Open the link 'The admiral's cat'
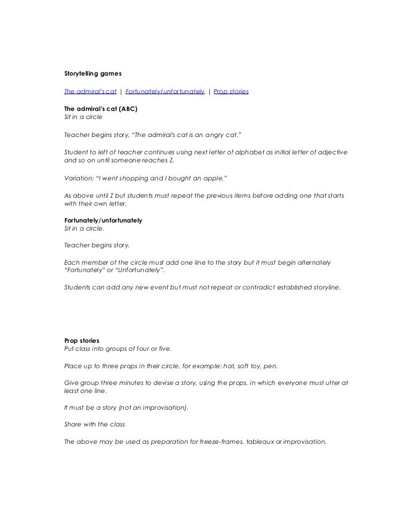[x=90, y=91]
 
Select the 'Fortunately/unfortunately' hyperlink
[x=165, y=91]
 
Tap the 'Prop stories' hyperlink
[x=231, y=91]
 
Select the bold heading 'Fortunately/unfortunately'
[x=103, y=220]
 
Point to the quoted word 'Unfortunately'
[x=142, y=270]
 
